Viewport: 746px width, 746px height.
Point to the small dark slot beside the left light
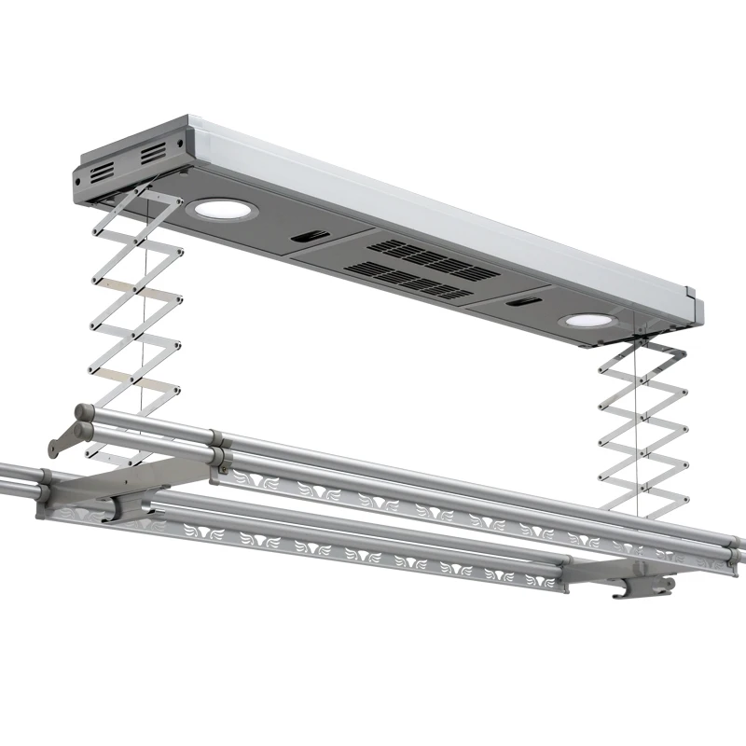pyautogui.click(x=305, y=238)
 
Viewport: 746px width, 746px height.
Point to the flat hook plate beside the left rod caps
pyautogui.click(x=63, y=438)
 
